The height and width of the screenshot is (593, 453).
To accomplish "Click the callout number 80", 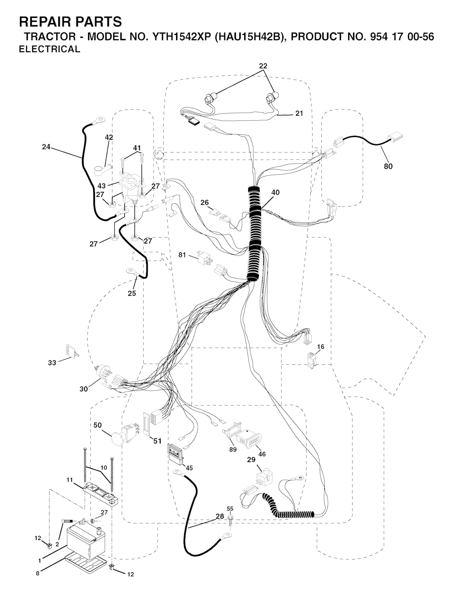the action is (x=388, y=166).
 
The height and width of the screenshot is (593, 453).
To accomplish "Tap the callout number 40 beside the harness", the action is (x=276, y=192).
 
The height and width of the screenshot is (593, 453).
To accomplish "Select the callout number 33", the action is (x=52, y=363).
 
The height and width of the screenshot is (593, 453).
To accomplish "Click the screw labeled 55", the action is (x=230, y=520).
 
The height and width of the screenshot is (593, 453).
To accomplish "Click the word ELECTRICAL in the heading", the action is (x=50, y=49).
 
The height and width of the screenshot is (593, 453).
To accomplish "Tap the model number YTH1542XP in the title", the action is (x=182, y=36).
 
